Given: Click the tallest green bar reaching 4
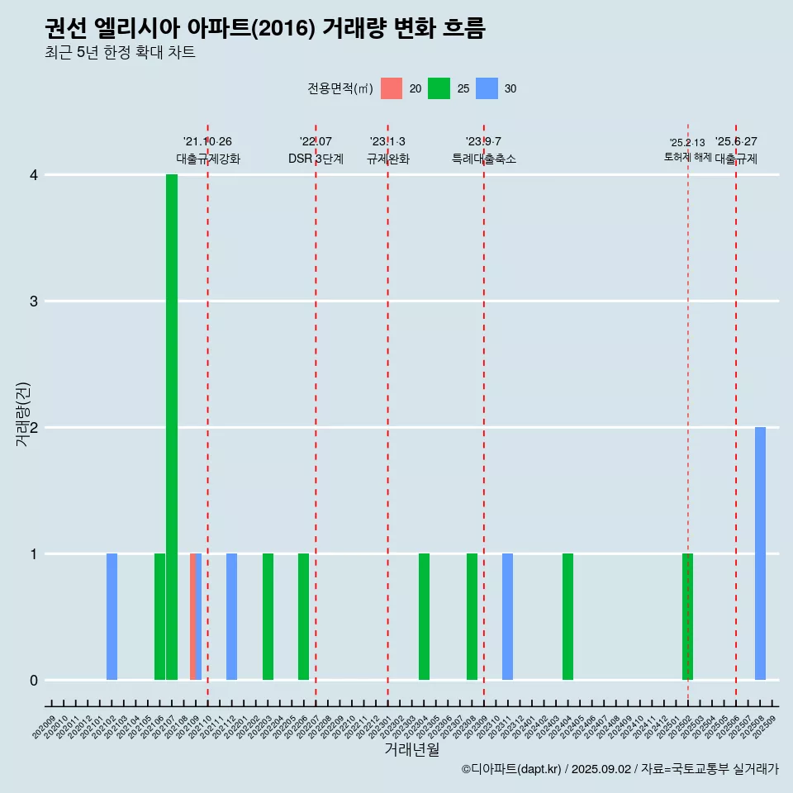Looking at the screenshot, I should [172, 427].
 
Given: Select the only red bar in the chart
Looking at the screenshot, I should [192, 617].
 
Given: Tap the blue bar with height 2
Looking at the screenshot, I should [760, 553].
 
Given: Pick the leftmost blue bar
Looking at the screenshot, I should [112, 617].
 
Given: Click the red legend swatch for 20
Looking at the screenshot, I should [392, 88].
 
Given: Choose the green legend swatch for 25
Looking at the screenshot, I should [439, 88].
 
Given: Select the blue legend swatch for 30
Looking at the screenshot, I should [487, 88].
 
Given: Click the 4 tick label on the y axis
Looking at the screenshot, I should [34, 175].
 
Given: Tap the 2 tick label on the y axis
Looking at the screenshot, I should [34, 428].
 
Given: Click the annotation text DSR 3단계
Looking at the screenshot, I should [316, 159].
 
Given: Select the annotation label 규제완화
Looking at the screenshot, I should [388, 159].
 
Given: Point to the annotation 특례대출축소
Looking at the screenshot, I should [484, 159].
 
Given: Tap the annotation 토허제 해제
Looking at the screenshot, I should [687, 157].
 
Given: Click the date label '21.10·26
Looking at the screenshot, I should [207, 142].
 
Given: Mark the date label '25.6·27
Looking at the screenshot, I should [736, 142].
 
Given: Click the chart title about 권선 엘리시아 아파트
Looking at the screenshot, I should [265, 29].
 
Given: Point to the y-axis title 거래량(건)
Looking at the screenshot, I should [23, 414].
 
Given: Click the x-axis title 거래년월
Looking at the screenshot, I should [411, 749].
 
